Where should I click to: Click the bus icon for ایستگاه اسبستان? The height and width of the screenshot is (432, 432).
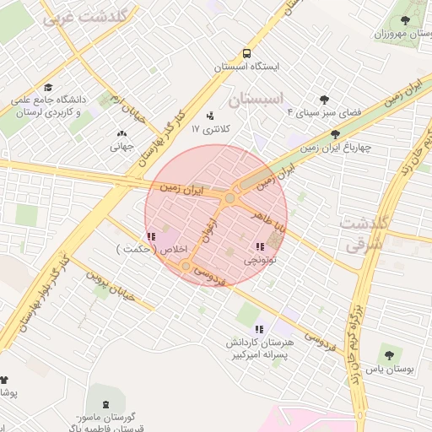pos(246,52)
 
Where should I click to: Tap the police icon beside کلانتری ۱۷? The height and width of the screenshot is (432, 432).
pos(210,116)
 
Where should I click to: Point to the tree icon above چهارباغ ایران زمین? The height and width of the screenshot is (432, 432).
pos(335,133)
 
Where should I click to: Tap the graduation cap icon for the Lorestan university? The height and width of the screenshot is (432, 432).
pos(48,87)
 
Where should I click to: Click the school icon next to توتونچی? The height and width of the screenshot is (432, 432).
pos(259,247)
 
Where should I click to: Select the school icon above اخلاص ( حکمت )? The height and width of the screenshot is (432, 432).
pos(150,236)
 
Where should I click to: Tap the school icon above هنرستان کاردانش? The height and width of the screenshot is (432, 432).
pos(259,328)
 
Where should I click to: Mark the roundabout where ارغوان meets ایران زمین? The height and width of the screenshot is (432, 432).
pos(229,197)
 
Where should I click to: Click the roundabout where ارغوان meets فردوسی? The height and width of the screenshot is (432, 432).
pos(186,267)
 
